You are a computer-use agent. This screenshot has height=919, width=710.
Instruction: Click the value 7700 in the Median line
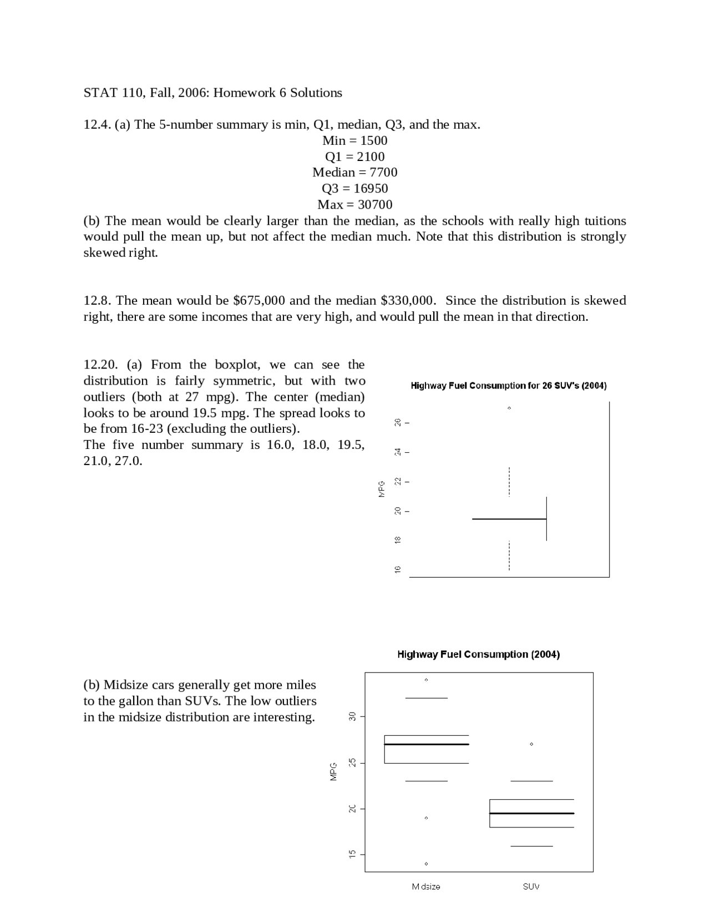click(x=383, y=172)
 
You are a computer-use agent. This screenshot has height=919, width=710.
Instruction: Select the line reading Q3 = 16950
click(x=354, y=188)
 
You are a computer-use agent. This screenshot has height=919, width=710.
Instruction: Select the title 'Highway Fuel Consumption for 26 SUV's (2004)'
click(x=508, y=386)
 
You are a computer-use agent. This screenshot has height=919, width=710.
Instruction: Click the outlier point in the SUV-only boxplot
click(x=509, y=408)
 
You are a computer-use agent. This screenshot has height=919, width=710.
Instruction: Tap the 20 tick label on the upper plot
click(x=398, y=511)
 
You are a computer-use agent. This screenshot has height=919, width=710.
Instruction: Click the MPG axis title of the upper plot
click(x=382, y=488)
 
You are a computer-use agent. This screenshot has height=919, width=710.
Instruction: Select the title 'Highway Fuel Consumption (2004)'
click(x=478, y=654)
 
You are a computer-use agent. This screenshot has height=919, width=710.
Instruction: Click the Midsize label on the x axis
click(x=426, y=886)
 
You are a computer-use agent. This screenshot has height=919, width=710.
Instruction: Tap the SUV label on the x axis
click(x=531, y=886)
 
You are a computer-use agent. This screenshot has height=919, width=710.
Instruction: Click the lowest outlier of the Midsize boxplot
click(x=426, y=864)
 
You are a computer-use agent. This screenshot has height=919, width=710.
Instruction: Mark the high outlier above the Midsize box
click(x=426, y=680)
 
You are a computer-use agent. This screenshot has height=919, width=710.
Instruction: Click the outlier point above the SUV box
click(x=531, y=744)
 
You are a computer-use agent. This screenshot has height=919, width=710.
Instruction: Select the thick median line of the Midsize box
click(x=426, y=744)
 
